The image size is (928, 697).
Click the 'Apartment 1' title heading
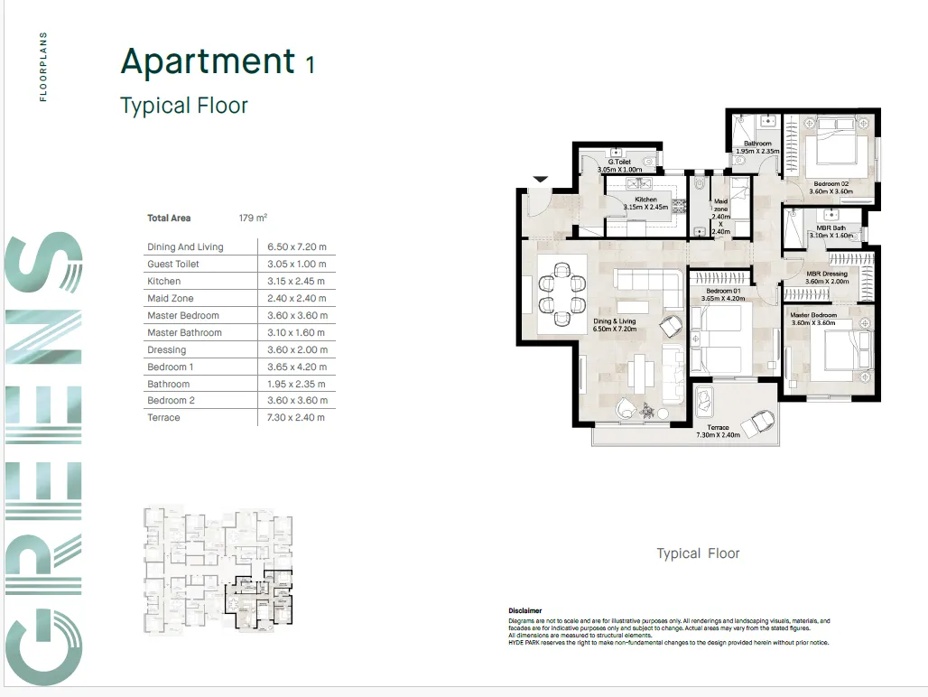(218, 61)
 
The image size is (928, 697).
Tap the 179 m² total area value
(253, 218)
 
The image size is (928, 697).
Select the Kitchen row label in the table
(164, 281)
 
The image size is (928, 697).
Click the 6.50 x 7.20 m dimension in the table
(296, 246)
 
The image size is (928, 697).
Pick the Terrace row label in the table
(163, 417)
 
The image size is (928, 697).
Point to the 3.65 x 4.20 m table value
(296, 367)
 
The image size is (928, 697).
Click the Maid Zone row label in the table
(171, 298)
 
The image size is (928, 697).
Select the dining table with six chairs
(561, 293)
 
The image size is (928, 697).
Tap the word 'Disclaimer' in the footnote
(525, 611)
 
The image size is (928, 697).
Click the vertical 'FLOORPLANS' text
(43, 67)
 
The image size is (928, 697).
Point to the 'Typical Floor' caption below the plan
(698, 553)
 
